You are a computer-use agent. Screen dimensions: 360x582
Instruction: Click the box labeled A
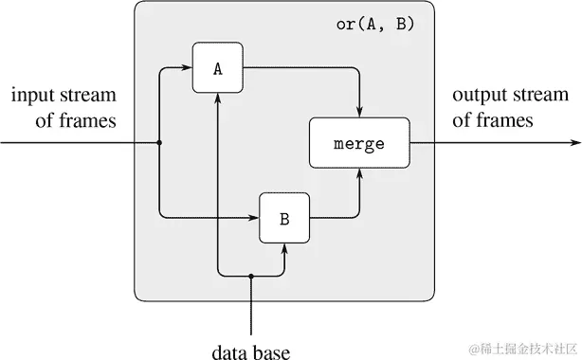tap(218, 68)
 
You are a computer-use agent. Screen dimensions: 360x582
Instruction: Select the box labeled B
tap(284, 218)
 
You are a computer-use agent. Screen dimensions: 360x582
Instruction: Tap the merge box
tap(359, 144)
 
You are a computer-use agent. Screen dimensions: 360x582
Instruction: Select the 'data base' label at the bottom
tap(250, 351)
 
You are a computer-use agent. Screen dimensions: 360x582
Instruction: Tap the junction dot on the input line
tap(158, 144)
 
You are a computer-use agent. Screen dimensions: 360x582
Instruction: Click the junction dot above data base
tap(250, 277)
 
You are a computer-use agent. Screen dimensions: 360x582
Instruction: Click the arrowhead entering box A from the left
tap(187, 68)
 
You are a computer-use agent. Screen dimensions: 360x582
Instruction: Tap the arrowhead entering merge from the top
tap(359, 112)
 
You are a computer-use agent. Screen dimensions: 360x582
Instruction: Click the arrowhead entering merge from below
tap(359, 175)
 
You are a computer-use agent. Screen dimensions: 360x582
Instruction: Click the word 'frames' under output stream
tap(506, 120)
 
